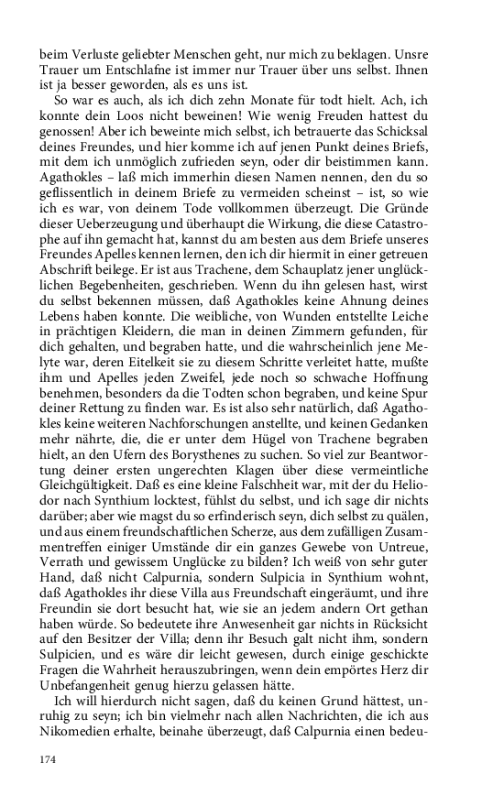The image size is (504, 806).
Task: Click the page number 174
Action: click(48, 760)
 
